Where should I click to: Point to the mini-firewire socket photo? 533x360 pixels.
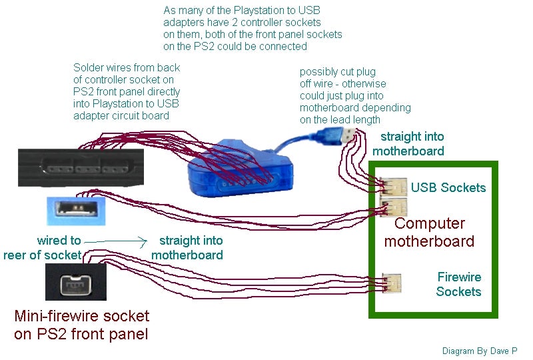(x=76, y=282)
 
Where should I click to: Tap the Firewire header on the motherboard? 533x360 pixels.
(x=392, y=283)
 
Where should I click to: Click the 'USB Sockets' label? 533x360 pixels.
(x=448, y=187)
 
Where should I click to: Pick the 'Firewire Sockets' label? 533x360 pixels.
(x=458, y=284)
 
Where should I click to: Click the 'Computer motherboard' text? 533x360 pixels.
(x=429, y=232)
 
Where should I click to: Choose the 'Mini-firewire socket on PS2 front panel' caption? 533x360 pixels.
(x=81, y=325)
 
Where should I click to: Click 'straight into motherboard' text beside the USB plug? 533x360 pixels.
(x=408, y=144)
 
